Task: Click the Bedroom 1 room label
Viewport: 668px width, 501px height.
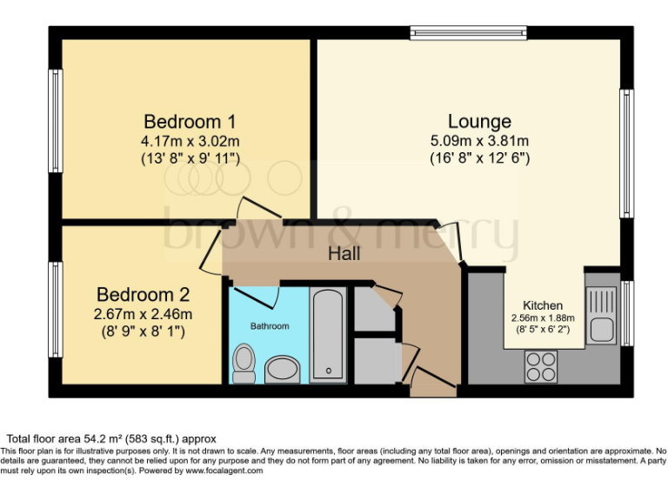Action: coord(190,122)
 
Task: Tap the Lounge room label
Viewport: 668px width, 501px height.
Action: coord(479,122)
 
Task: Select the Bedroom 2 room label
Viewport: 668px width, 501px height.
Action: coord(144,295)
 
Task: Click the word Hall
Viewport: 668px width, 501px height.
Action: coord(344,254)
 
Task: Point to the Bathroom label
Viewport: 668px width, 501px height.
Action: coord(270,326)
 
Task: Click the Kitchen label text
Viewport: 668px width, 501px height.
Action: coord(543,306)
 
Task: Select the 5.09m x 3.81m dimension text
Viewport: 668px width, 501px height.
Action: coord(479,141)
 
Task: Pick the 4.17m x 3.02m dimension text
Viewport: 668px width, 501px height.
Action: coord(190,141)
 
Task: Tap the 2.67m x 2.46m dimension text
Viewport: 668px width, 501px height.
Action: coord(144,314)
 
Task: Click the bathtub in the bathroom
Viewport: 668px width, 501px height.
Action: coord(329,335)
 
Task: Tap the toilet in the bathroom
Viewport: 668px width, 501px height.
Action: coord(244,363)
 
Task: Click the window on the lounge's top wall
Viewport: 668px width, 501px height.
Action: coord(468,33)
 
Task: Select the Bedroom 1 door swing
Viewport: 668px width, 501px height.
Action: coord(257,209)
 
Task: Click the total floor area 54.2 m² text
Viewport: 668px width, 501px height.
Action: coord(111,438)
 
